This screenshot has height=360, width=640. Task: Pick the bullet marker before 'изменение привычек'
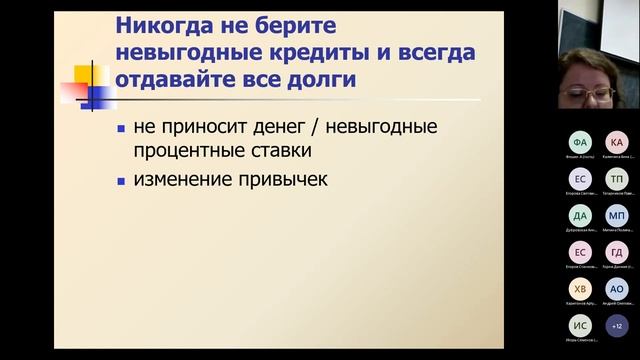121,181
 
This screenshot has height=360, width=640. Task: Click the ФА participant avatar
579,142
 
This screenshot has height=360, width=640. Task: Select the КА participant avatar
617,142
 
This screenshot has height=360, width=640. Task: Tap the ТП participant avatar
617,179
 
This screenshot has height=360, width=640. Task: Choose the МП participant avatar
617,216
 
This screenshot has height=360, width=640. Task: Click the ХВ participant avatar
579,288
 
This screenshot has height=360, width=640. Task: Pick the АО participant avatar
617,288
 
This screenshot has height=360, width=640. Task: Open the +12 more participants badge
617,324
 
